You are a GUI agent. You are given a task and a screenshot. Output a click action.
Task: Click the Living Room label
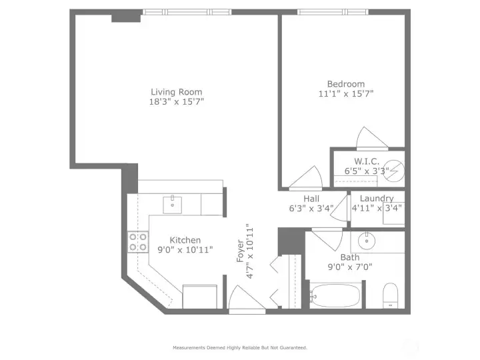pyautogui.click(x=176, y=92)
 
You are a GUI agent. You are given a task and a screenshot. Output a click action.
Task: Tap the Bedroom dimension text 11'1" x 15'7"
pyautogui.click(x=346, y=94)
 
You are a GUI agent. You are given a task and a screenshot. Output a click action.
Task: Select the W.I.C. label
pyautogui.click(x=367, y=161)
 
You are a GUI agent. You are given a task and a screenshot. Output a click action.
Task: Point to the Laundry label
pyautogui.click(x=377, y=199)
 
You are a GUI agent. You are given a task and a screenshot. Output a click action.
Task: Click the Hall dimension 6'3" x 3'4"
pyautogui.click(x=311, y=209)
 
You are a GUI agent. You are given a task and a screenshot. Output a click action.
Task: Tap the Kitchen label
pyautogui.click(x=185, y=240)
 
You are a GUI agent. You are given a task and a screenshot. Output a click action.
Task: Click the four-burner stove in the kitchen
pyautogui.click(x=138, y=242)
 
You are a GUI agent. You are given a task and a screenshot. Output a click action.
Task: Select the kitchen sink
pyautogui.click(x=173, y=205)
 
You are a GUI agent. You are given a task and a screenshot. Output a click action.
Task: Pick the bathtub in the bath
pyautogui.click(x=335, y=296)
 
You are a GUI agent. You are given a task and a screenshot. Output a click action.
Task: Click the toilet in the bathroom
pyautogui.click(x=390, y=295)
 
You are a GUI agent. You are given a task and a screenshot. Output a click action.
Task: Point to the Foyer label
pyautogui.click(x=241, y=251)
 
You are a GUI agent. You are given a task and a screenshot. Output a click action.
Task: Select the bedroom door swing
pyautogui.click(x=306, y=177)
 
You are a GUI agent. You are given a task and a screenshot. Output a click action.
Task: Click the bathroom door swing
pyautogui.click(x=327, y=239)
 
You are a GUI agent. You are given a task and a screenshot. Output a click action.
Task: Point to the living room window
pyautogui.click(x=187, y=12)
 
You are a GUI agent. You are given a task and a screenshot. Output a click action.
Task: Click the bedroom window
pyautogui.click(x=333, y=12)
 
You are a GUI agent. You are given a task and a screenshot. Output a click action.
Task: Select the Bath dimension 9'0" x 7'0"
pyautogui.click(x=350, y=267)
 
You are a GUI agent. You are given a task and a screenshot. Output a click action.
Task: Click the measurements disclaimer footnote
pyautogui.click(x=240, y=348)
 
